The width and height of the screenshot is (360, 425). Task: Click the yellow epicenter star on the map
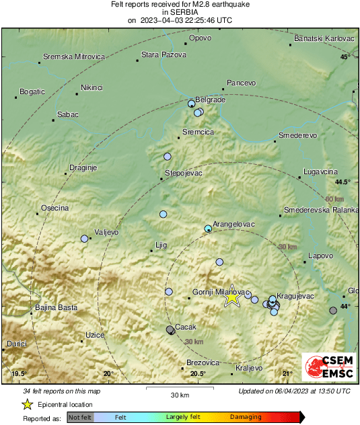click(232, 296)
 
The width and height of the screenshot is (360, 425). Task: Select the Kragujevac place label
click(297, 296)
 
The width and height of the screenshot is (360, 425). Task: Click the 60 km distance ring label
click(334, 199)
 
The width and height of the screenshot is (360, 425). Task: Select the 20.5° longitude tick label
click(197, 373)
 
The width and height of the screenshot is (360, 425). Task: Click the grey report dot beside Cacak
click(170, 330)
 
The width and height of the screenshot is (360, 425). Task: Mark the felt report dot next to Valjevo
click(85, 239)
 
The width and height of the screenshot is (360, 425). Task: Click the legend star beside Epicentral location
click(28, 404)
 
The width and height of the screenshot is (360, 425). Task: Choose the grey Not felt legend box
click(80, 417)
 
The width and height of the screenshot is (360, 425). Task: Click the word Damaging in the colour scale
click(246, 417)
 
